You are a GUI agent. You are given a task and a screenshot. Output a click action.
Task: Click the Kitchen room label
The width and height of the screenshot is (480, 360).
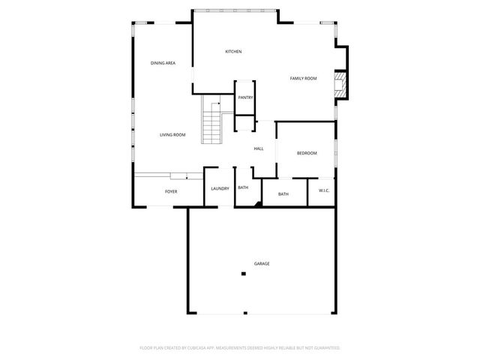coord(233,51)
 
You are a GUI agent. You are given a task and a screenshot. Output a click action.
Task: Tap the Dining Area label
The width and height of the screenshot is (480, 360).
coord(163,63)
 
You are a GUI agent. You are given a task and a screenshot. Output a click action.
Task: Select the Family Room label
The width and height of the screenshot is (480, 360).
coord(304,78)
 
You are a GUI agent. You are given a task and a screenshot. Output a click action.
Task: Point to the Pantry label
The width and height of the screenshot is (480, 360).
coord(245,97)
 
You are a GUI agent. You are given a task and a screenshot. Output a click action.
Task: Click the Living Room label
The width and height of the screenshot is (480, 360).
coord(172,135)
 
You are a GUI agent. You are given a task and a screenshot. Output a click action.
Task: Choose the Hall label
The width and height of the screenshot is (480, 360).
coord(258,148)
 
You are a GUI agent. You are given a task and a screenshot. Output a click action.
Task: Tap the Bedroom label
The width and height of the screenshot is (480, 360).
coord(307,153)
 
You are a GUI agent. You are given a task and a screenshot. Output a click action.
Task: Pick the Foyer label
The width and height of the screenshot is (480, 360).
coord(172,193)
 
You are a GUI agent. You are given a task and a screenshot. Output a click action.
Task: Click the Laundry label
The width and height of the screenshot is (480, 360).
coord(220,188)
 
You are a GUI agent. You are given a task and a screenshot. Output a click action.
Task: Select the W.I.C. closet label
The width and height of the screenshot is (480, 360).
coord(324,190)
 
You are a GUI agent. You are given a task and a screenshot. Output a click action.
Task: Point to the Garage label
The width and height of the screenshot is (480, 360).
coord(262,263)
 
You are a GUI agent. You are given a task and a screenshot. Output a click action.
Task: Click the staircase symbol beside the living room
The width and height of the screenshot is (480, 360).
coord(214,121)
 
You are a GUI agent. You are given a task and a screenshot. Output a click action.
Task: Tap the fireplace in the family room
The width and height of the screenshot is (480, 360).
coord(342,83)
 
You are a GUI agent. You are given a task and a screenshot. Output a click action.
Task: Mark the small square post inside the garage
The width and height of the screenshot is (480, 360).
coord(243,274)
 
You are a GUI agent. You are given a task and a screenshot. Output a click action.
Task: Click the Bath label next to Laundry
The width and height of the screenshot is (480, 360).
coord(243,187)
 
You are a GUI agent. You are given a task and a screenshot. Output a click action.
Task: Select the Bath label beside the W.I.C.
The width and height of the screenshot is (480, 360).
coord(283,194)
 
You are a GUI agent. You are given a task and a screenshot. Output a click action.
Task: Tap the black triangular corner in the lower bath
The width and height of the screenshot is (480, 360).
coord(257,201)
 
